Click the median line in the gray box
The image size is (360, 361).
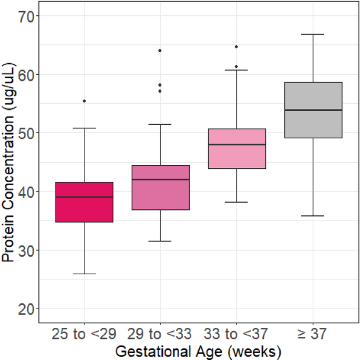pos(313,110)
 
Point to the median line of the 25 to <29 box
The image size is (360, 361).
pos(84,197)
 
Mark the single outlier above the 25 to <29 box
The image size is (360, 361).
pos(84,101)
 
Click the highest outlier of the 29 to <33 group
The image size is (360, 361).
pos(160,51)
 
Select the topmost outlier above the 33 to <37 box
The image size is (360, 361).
pos(236,47)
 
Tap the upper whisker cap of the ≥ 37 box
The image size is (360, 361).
pos(313,34)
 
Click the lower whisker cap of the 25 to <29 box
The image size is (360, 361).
pos(84,274)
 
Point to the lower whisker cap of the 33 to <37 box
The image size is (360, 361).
pos(236,202)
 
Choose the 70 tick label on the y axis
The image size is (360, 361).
pos(27,16)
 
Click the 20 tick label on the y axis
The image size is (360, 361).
pos(27,308)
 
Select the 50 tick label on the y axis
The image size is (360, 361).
pos(27,133)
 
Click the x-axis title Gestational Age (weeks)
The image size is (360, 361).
pos(198,350)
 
